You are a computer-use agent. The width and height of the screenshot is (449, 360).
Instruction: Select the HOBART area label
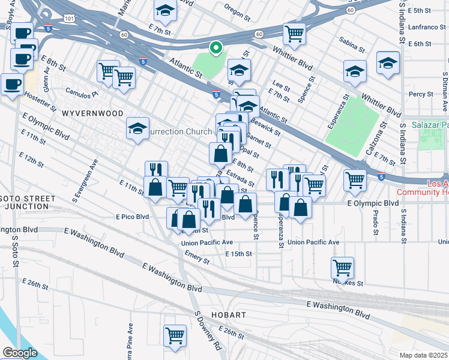point(227,315)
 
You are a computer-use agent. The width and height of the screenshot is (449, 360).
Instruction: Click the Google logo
point(19,352)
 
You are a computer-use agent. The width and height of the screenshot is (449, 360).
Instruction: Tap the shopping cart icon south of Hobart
point(175,335)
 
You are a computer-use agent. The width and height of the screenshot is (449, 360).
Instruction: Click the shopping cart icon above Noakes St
point(342,267)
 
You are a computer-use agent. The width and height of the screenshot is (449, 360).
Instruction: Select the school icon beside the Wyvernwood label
point(137,128)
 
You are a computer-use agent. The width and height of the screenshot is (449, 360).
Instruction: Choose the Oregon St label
point(237,11)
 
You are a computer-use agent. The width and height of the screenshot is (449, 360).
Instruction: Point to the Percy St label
point(421,94)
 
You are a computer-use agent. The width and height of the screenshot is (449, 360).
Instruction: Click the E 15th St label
point(238,254)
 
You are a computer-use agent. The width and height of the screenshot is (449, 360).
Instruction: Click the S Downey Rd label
point(206,330)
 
